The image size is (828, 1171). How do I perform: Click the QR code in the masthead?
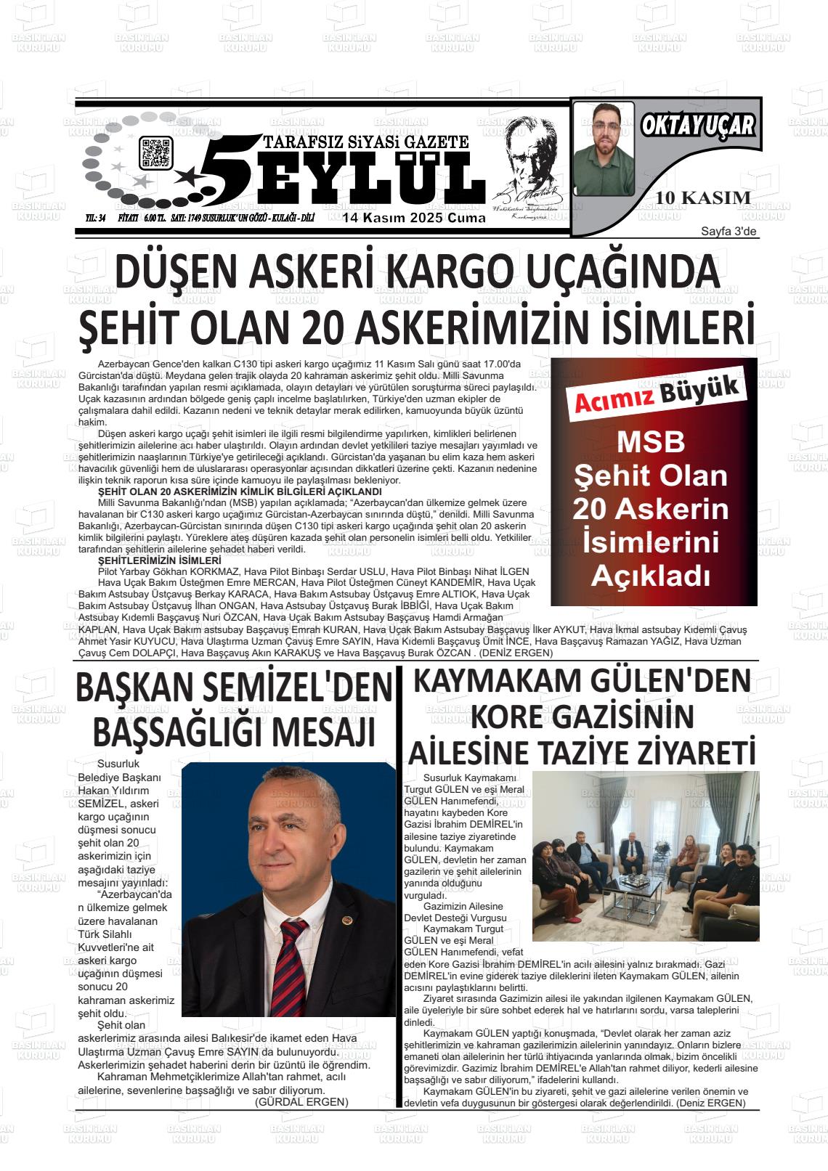click(x=155, y=152)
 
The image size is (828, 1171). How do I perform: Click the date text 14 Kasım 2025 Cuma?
click(x=414, y=218)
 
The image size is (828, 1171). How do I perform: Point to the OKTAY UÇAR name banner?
click(x=698, y=126)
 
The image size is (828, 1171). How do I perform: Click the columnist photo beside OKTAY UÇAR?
click(x=604, y=149)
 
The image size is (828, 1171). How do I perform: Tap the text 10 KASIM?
click(x=702, y=197)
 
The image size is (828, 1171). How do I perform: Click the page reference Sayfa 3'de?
click(x=728, y=232)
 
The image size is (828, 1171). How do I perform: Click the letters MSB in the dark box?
click(x=651, y=442)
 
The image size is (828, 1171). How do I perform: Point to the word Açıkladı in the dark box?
click(x=650, y=576)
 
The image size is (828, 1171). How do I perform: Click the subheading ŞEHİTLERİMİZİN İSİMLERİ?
click(x=159, y=560)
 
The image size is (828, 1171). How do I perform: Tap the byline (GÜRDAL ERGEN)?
click(x=301, y=1101)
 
